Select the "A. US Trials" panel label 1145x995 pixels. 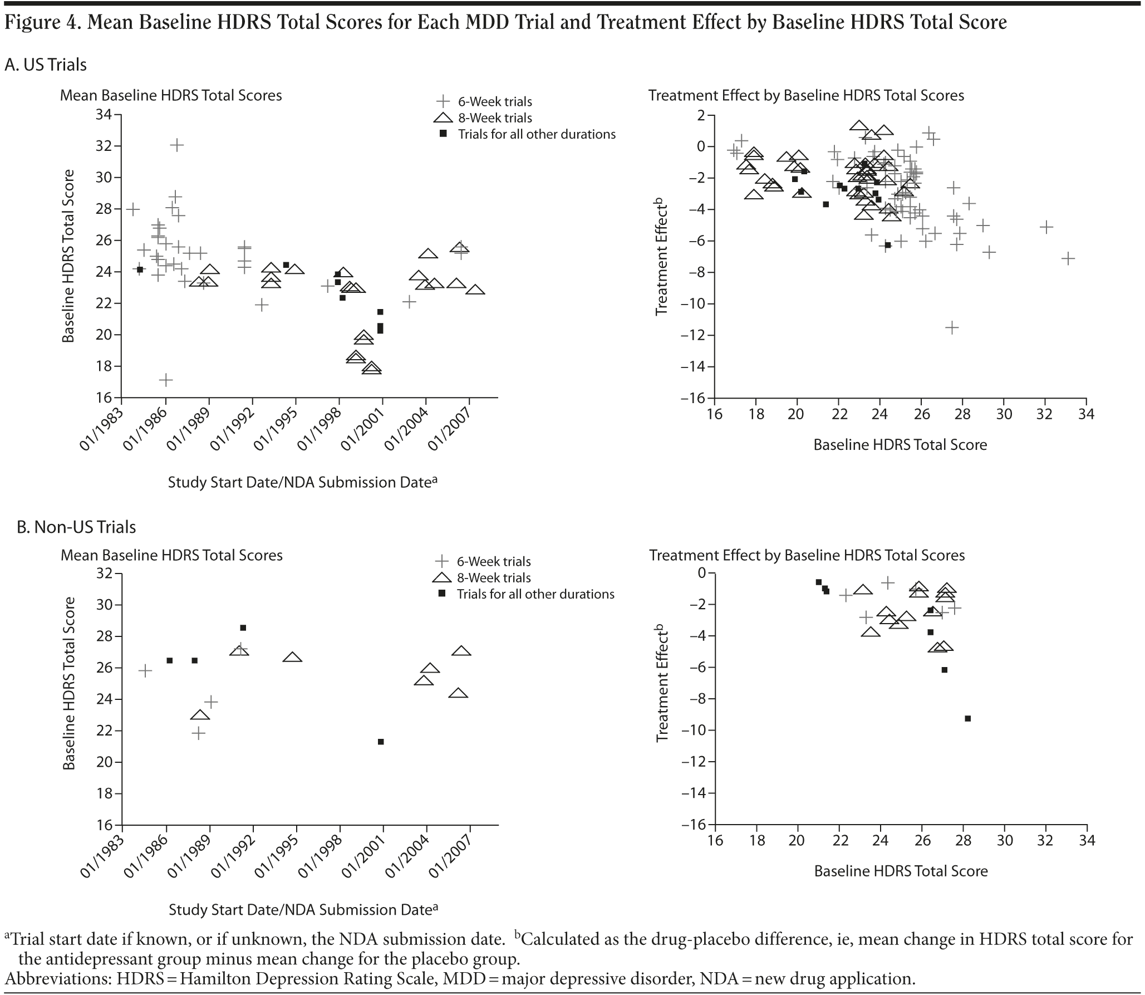click(46, 65)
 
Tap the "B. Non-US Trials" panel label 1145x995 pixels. click(76, 527)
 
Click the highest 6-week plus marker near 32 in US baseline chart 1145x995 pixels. click(176, 145)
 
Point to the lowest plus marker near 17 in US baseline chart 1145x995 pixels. click(166, 380)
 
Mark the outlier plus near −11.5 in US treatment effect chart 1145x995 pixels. click(952, 327)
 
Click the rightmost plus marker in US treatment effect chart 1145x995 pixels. click(1068, 258)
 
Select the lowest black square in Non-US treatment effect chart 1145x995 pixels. click(967, 719)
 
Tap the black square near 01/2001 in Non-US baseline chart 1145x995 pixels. click(381, 742)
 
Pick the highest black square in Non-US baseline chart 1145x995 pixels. click(243, 628)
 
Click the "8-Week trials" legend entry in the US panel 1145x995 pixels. click(495, 118)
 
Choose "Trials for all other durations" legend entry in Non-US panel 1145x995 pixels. click(535, 594)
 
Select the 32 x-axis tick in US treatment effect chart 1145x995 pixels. click(1045, 414)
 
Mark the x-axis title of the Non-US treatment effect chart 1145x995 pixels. click(901, 871)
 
